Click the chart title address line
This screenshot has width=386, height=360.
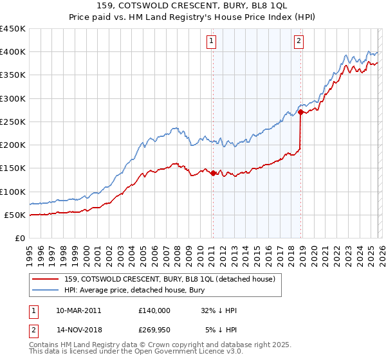pyautogui.click(x=193, y=5)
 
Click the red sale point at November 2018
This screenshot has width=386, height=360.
pyautogui.click(x=300, y=112)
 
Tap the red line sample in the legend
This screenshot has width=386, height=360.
pyautogui.click(x=46, y=279)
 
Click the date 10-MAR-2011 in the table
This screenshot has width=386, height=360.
pyautogui.click(x=79, y=310)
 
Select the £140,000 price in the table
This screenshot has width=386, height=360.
pyautogui.click(x=154, y=310)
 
